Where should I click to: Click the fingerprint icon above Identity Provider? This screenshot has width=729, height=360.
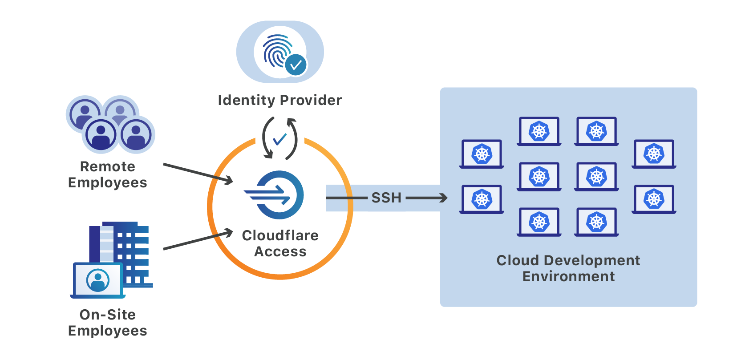[277, 50]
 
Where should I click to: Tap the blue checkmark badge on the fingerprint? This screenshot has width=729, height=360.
[296, 65]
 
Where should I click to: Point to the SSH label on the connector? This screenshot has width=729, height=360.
[386, 198]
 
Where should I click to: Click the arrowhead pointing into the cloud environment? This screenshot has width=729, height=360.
[443, 198]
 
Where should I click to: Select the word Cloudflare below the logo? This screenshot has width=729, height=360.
[280, 235]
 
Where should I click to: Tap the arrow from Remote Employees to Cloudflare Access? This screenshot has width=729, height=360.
[198, 173]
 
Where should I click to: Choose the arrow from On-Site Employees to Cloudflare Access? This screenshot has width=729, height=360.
[198, 240]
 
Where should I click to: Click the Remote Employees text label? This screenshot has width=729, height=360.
[108, 174]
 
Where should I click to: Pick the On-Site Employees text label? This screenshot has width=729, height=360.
[108, 323]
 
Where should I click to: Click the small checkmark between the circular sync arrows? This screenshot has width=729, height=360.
[279, 139]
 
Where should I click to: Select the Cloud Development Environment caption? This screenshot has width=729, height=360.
[568, 268]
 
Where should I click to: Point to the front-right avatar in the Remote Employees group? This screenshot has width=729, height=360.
[136, 135]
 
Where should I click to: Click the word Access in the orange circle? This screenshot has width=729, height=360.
[280, 252]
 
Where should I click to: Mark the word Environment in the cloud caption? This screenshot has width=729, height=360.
[568, 277]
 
